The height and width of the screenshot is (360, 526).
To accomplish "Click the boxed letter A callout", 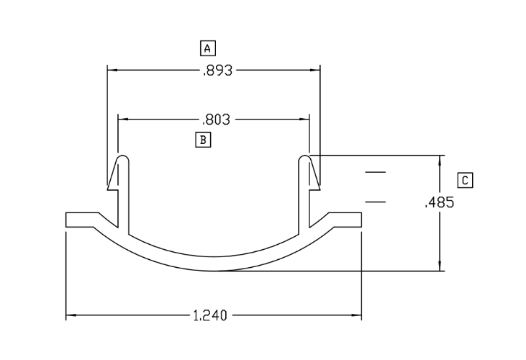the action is (x=208, y=48).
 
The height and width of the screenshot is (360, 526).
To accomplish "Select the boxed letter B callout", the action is (x=203, y=140).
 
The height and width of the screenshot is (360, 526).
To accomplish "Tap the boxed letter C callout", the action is (x=465, y=181).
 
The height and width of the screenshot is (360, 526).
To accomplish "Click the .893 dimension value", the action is (x=217, y=71).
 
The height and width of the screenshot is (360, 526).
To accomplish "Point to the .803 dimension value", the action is (x=217, y=120).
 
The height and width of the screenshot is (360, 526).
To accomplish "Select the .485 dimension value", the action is (x=440, y=202).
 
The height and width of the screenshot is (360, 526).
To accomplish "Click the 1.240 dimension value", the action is (x=210, y=315).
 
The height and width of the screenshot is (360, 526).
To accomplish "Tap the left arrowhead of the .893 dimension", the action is (x=112, y=70).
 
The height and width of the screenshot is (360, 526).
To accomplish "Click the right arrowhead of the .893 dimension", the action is (x=315, y=70).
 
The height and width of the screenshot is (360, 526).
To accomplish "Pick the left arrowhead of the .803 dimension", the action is (x=123, y=119).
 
